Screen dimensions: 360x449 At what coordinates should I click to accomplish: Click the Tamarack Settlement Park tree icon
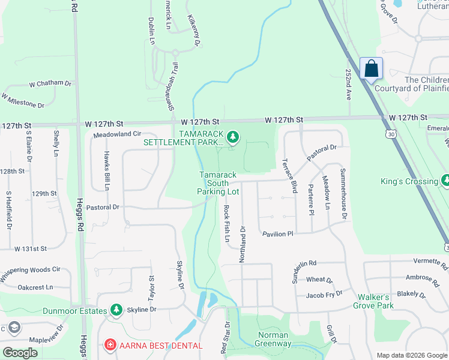point(233,139)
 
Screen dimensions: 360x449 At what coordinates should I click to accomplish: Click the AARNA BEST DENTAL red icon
point(110,345)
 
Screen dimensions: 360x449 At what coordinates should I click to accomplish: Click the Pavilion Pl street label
point(276,233)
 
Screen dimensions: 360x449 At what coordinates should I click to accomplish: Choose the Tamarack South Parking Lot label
point(218,183)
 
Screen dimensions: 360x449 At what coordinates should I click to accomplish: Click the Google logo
point(20,353)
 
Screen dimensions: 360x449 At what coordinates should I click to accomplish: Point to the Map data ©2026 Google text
point(412,355)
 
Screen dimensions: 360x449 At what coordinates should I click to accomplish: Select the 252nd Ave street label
point(348,83)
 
